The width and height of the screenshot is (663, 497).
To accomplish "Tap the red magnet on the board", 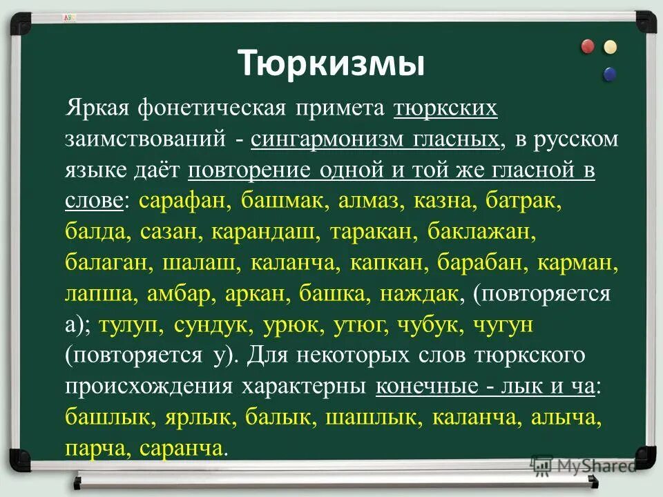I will click(588, 47).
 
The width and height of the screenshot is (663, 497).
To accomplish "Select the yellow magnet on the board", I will click(610, 47).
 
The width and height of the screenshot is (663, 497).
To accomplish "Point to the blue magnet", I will click(610, 73).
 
